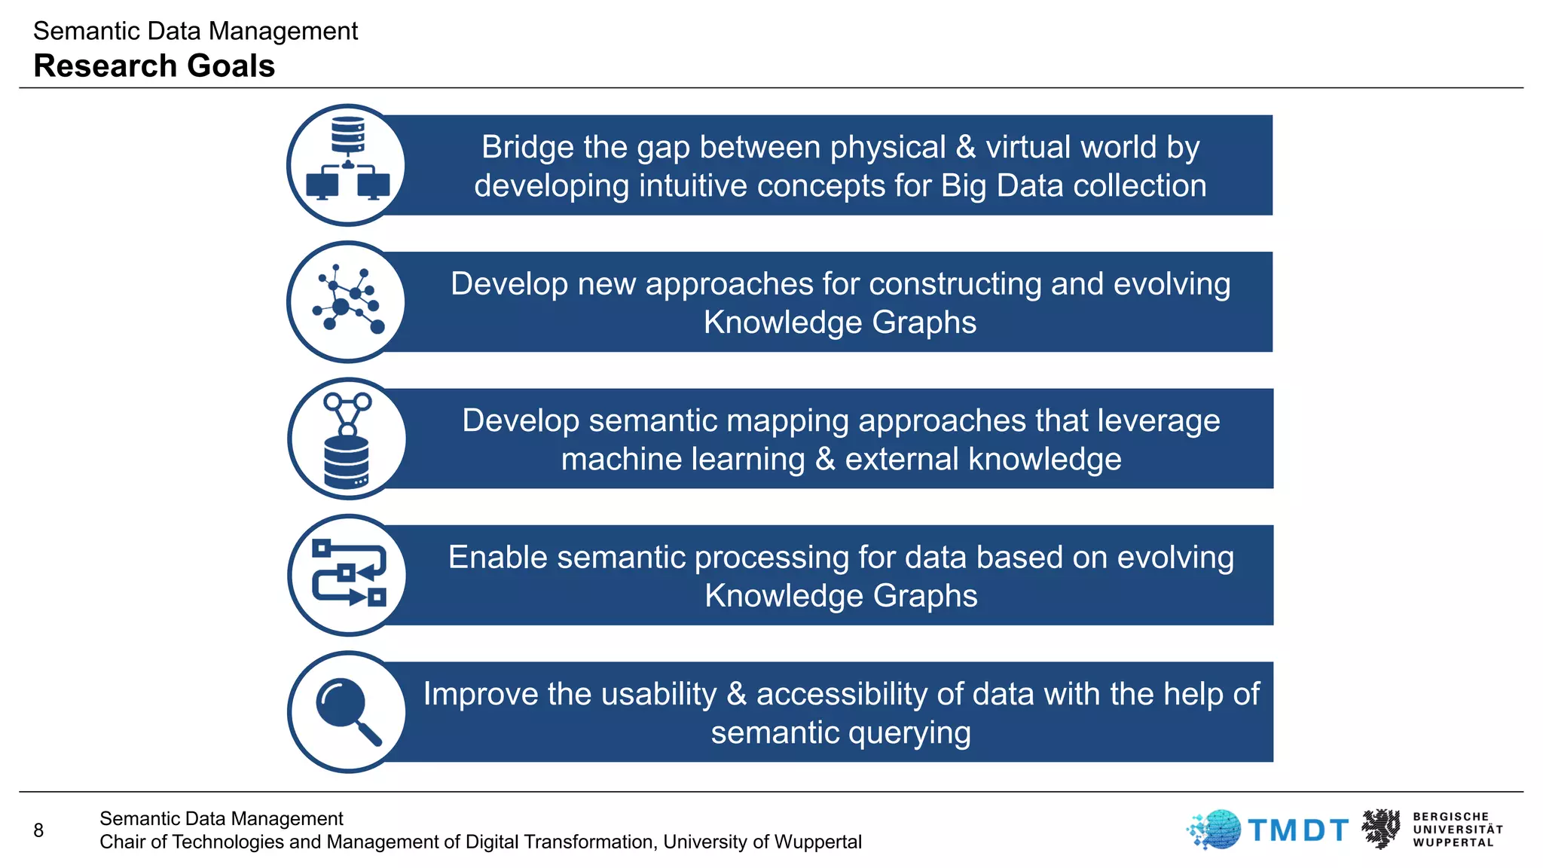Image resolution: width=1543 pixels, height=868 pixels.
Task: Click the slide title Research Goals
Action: click(x=154, y=66)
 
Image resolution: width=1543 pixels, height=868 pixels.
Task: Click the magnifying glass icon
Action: click(x=347, y=712)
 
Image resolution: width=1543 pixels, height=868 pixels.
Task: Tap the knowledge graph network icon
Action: click(x=347, y=302)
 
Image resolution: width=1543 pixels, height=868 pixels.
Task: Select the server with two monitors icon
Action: click(x=347, y=165)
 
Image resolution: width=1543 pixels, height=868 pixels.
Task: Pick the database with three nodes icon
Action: click(x=347, y=439)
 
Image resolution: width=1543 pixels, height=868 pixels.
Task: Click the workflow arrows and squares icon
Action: click(x=347, y=575)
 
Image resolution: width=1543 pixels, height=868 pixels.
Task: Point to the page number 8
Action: click(x=38, y=830)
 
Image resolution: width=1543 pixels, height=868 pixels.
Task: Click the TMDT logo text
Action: click(x=1298, y=830)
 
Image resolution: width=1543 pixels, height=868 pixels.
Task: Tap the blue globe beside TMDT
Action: click(x=1215, y=830)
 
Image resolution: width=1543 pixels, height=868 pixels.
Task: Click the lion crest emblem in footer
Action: click(x=1381, y=829)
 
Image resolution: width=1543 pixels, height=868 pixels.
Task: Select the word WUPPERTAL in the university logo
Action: click(x=1453, y=842)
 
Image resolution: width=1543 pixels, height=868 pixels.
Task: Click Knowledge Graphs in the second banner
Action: click(x=839, y=322)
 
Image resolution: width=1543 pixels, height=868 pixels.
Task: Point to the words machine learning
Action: click(x=683, y=459)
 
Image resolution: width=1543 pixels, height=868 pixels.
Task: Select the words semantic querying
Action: click(x=841, y=732)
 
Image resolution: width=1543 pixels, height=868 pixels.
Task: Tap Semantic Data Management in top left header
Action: click(x=195, y=31)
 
